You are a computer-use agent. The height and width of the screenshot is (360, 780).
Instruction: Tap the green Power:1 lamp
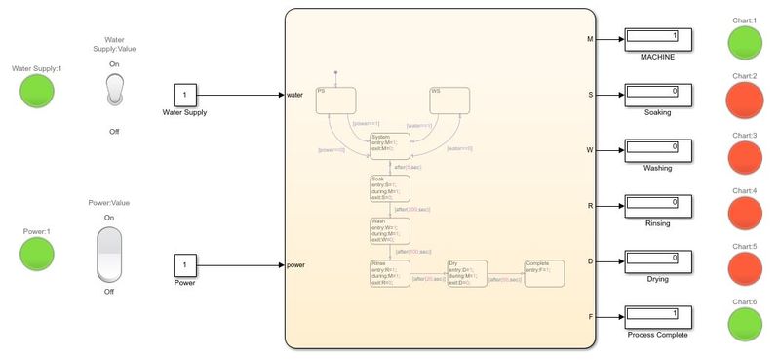point(36,255)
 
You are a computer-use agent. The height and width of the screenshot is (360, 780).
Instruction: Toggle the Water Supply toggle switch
point(115,91)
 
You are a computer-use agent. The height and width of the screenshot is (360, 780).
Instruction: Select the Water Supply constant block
point(185,96)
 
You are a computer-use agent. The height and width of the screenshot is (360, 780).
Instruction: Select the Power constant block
point(185,265)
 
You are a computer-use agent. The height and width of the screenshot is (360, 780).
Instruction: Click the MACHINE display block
point(658,40)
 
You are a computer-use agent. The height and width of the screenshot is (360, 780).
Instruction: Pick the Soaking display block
point(658,96)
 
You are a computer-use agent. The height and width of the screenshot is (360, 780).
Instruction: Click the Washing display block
point(658,151)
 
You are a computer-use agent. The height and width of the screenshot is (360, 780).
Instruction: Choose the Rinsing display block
point(658,207)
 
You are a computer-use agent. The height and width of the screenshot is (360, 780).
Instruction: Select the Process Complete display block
point(658,317)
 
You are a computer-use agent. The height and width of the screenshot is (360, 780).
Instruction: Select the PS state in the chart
point(333,100)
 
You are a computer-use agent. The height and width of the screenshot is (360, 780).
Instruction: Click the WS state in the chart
point(449,100)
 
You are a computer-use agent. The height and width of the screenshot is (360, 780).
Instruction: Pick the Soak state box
point(389,187)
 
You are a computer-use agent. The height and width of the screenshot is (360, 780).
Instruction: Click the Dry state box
point(466,273)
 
